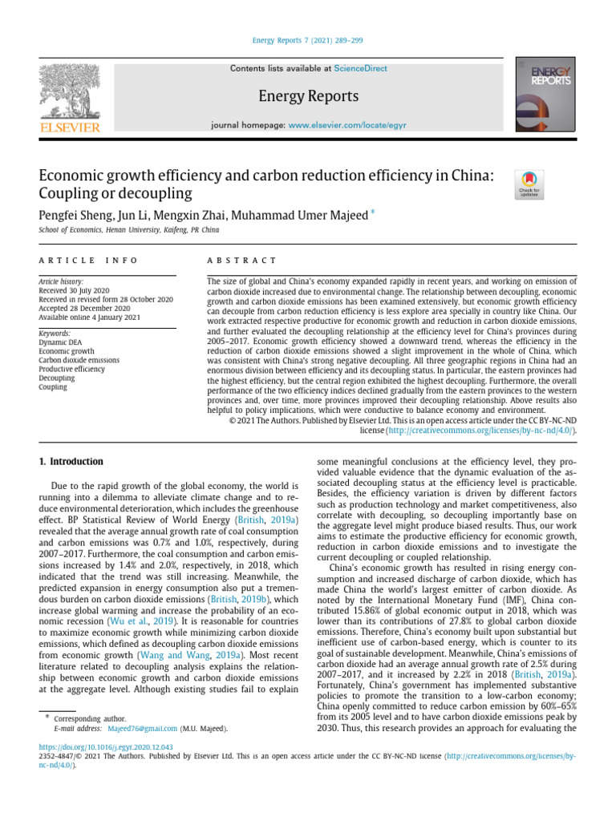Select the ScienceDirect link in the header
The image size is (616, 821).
pos(360,69)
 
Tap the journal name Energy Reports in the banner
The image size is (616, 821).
pos(308,97)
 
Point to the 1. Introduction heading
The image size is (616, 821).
pos(71,462)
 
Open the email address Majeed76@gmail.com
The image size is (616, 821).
pos(136,729)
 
